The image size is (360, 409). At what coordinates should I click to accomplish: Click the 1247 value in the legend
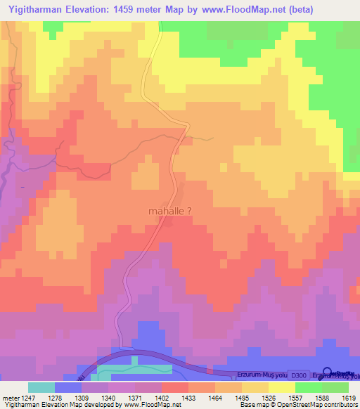(x=28, y=398)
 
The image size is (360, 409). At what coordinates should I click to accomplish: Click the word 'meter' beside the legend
(x=10, y=398)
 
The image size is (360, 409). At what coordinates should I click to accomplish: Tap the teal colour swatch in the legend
(x=41, y=387)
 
